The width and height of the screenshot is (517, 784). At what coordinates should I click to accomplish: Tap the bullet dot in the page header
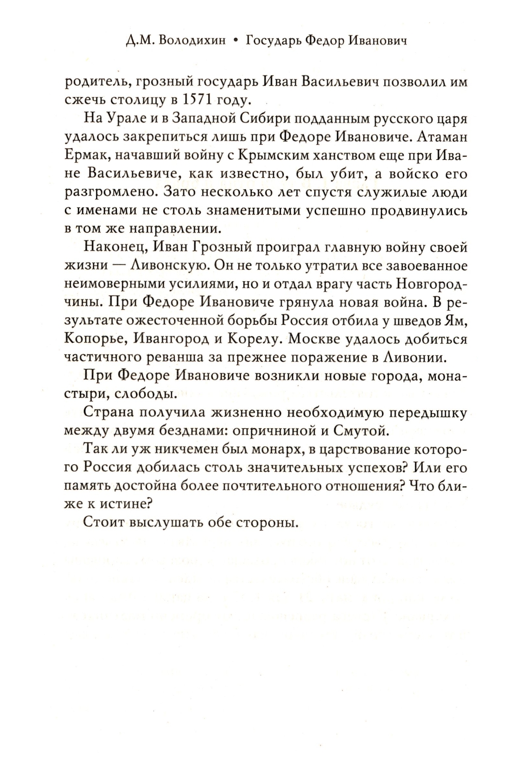click(236, 41)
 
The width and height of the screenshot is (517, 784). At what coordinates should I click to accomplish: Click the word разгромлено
click(105, 192)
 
